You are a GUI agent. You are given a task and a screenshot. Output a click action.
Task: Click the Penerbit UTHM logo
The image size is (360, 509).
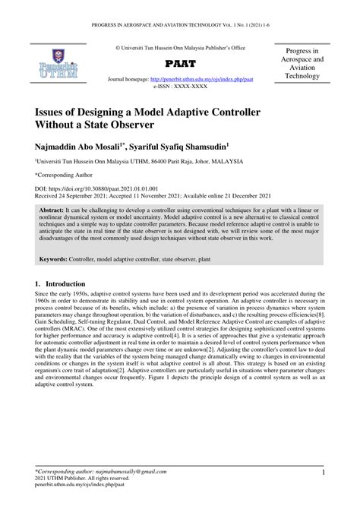(49, 63)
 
